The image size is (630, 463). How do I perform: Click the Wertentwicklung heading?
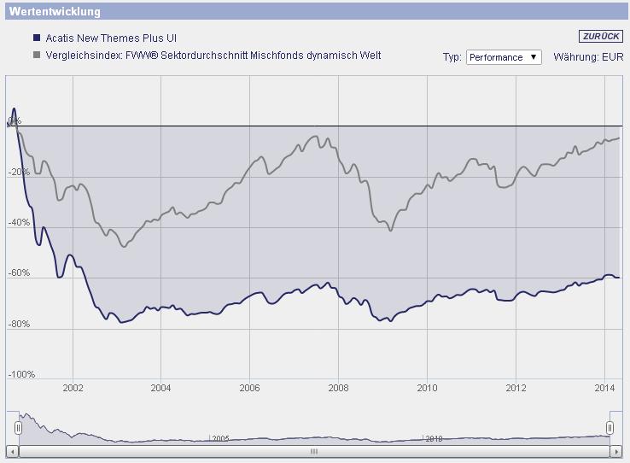(x=54, y=12)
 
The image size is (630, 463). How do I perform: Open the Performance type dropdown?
(x=504, y=57)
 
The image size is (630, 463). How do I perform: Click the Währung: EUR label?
(x=589, y=57)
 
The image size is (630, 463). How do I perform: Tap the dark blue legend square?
(x=36, y=38)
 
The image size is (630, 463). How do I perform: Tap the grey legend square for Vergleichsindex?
(x=36, y=56)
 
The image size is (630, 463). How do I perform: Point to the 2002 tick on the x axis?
(x=73, y=388)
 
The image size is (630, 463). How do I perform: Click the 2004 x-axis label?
(x=160, y=388)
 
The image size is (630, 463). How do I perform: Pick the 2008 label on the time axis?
(x=338, y=388)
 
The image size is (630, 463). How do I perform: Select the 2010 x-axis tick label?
(x=427, y=388)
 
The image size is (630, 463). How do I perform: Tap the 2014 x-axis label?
(x=604, y=388)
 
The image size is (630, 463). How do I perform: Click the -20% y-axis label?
(x=20, y=172)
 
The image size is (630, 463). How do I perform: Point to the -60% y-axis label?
(x=20, y=273)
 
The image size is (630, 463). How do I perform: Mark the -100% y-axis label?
(x=20, y=375)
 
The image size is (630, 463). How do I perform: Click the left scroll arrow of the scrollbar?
(x=12, y=451)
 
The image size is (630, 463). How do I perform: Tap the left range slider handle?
(x=17, y=426)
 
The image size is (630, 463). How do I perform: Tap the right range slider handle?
(x=610, y=426)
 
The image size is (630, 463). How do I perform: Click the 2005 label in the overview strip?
(x=221, y=438)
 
